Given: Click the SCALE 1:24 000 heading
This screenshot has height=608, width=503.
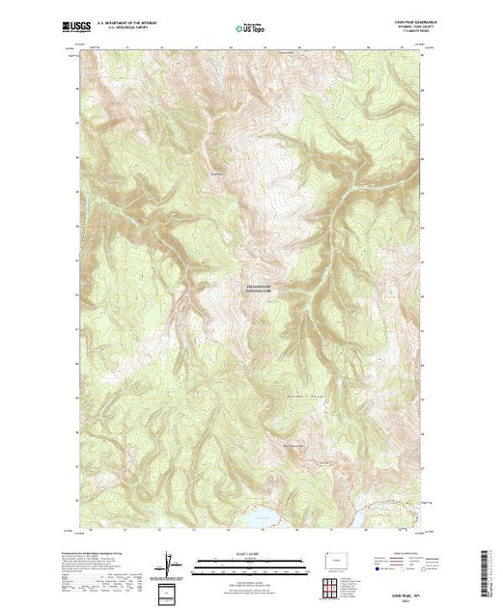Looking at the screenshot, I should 249,554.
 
